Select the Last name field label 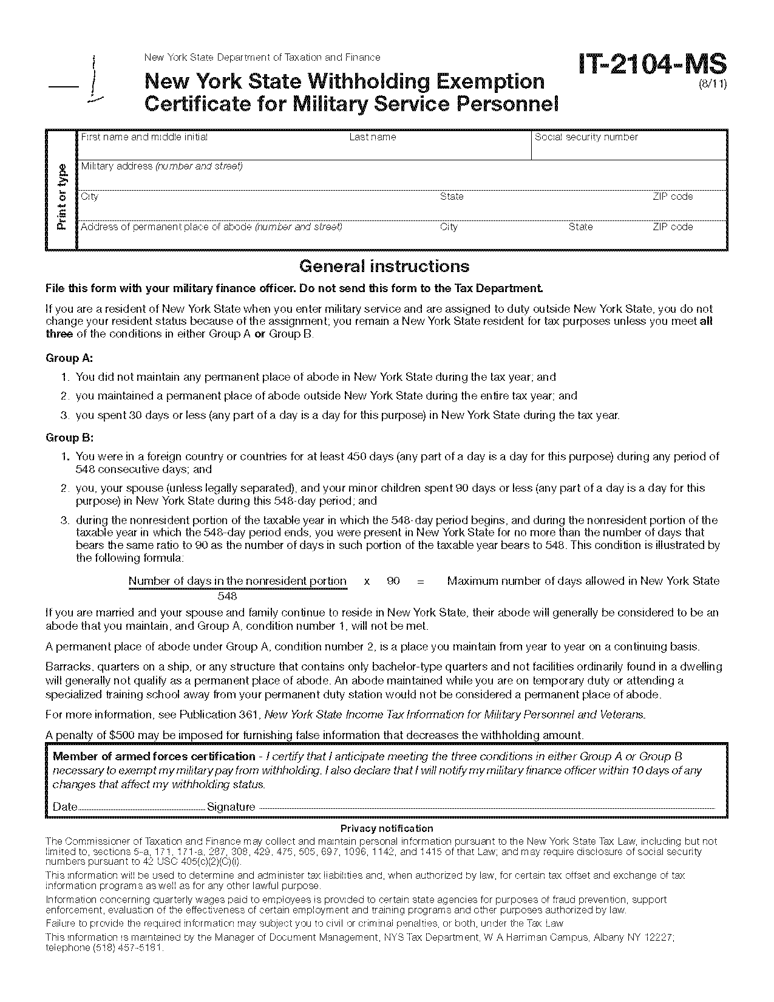pyautogui.click(x=372, y=137)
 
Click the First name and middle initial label pyautogui.click(x=144, y=137)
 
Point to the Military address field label pyautogui.click(x=161, y=166)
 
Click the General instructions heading pyautogui.click(x=384, y=266)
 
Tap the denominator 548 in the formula pyautogui.click(x=227, y=596)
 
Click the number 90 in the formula pyautogui.click(x=393, y=581)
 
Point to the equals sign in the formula pyautogui.click(x=421, y=581)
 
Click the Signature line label pyautogui.click(x=231, y=807)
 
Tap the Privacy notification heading pyautogui.click(x=387, y=828)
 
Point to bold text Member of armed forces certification pyautogui.click(x=154, y=757)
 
